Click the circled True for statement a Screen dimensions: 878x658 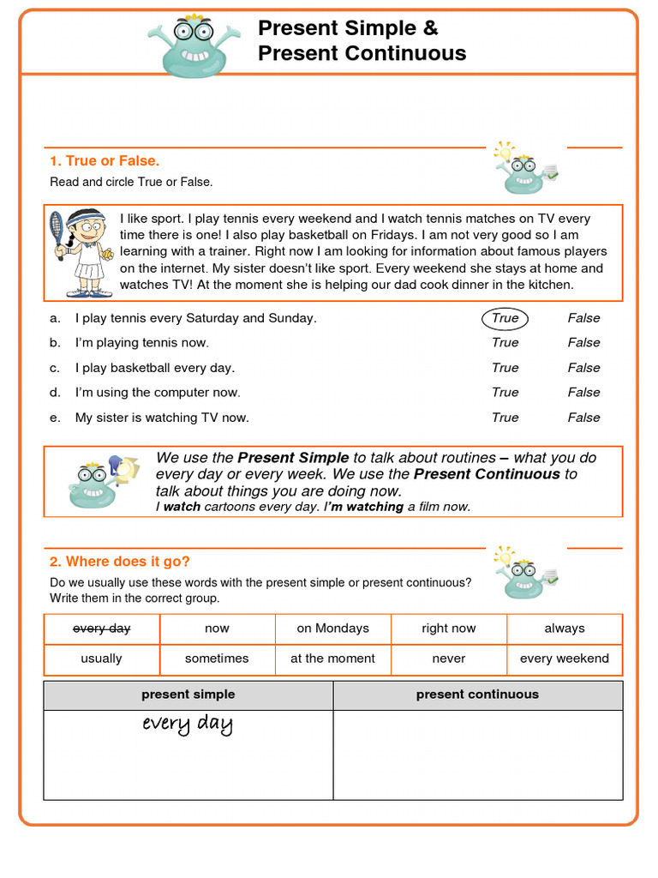click(505, 318)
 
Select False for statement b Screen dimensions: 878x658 click(583, 343)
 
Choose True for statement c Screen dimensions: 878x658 click(505, 368)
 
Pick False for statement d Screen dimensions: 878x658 click(583, 393)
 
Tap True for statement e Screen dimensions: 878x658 click(505, 418)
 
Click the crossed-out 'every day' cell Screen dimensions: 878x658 click(102, 628)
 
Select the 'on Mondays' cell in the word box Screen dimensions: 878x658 click(332, 628)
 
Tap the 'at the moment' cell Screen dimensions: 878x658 click(332, 658)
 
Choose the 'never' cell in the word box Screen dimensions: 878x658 click(449, 658)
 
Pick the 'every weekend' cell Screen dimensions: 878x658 click(564, 658)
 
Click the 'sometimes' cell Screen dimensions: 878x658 click(217, 658)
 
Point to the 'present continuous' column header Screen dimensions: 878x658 click(477, 695)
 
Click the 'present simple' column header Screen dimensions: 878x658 click(188, 695)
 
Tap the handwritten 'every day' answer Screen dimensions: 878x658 click(188, 725)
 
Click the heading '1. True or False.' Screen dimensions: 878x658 click(105, 161)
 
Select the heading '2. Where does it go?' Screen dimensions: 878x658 click(119, 562)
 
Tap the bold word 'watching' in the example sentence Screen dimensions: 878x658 click(374, 507)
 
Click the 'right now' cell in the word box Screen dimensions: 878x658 click(449, 628)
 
